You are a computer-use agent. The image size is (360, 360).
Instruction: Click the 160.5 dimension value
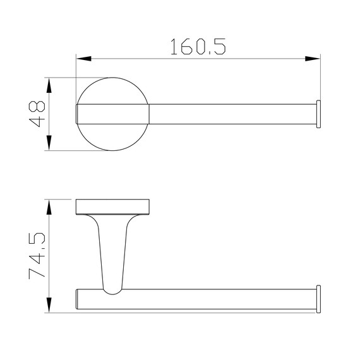pyautogui.click(x=198, y=47)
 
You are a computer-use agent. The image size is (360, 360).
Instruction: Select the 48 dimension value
pyautogui.click(x=37, y=114)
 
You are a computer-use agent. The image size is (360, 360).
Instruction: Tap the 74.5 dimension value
pyautogui.click(x=37, y=256)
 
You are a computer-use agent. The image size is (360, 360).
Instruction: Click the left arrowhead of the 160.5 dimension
pyautogui.click(x=84, y=59)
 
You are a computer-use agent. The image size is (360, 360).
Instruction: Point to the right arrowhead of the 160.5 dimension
pyautogui.click(x=312, y=59)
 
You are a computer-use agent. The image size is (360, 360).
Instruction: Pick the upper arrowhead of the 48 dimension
pyautogui.click(x=49, y=85)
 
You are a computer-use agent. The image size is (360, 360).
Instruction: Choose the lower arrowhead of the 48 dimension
pyautogui.click(x=49, y=143)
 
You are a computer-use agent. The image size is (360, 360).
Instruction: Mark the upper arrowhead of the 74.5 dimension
pyautogui.click(x=49, y=207)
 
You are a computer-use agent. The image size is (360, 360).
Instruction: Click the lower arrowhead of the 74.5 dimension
pyautogui.click(x=49, y=305)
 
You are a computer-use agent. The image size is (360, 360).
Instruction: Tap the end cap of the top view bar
pyautogui.click(x=318, y=114)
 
